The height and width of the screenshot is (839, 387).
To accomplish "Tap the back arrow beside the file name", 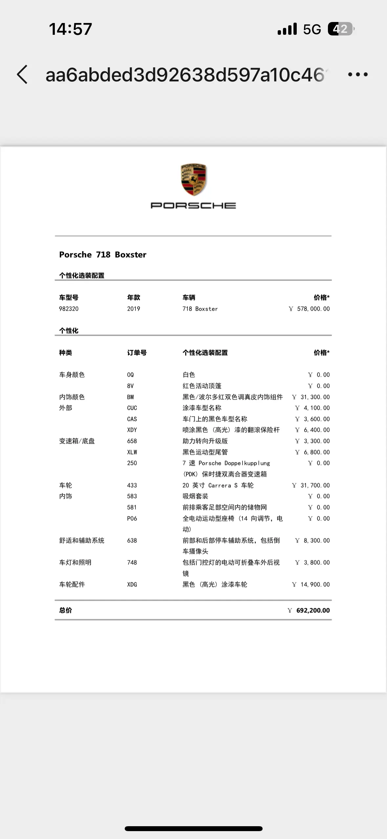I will point(22,75).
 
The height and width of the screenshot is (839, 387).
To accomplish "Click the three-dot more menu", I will point(358,75).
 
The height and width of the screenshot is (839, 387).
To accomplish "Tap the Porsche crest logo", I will point(193,179).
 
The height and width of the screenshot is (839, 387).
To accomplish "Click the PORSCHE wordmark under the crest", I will point(193,205).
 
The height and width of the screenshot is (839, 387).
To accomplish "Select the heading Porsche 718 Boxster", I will point(103,255).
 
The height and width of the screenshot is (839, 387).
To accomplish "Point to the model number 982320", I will point(69,309).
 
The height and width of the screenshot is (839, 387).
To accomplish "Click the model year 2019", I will point(134,309).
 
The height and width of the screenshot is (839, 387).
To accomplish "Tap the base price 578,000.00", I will point(313,309).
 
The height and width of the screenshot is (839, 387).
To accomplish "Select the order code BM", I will point(130,397).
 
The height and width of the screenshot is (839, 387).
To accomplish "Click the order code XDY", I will point(132,430).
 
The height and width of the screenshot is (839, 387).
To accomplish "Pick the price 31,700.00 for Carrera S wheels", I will point(315,485).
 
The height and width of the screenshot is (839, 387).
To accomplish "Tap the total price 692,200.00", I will point(313,611).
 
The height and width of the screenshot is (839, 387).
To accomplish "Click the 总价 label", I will point(65,611).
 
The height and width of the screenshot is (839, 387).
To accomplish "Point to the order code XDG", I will point(132,585).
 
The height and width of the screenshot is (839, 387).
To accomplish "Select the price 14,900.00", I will point(315,585).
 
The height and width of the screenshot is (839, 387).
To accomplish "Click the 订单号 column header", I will point(137,353).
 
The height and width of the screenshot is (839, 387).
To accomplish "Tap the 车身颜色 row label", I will point(72,375).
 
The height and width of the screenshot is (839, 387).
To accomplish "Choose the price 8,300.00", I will point(316,541).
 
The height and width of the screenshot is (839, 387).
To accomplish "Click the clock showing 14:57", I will point(70,29).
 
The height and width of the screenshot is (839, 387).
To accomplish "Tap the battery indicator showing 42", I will point(341,29).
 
